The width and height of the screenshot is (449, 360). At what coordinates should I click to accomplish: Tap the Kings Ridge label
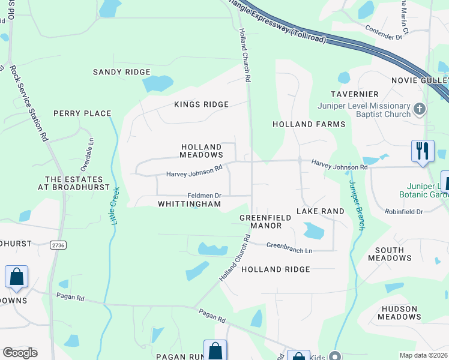tap(201, 104)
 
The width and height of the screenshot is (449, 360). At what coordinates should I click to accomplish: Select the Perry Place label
tap(82, 113)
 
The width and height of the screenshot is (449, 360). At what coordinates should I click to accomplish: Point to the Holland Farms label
tap(309, 124)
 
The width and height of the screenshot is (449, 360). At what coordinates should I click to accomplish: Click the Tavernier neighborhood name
tap(354, 94)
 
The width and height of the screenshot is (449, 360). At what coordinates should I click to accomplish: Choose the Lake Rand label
tap(321, 211)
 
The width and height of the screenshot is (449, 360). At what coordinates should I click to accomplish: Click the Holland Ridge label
tap(276, 269)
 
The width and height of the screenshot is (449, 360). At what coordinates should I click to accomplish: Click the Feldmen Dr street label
tap(205, 196)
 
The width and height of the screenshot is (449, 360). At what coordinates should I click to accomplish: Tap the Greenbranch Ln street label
tap(289, 245)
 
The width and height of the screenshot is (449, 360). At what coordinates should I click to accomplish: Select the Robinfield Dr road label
tap(403, 212)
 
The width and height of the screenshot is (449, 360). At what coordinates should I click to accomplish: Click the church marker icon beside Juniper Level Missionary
tap(419, 109)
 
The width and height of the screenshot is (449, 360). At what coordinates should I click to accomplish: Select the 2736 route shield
tap(58, 245)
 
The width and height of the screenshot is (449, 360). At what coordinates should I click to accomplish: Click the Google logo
tap(20, 353)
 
